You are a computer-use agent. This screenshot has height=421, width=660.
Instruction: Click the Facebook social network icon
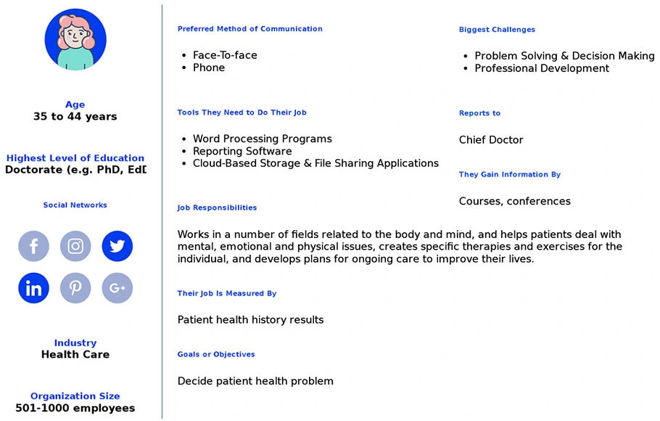33,246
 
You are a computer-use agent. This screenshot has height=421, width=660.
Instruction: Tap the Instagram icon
75,246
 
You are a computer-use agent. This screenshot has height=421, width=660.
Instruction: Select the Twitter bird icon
117,246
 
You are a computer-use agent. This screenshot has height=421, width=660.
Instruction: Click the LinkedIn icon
33,288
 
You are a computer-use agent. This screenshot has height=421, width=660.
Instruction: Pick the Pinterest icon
75,288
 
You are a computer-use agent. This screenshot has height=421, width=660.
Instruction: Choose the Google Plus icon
117,288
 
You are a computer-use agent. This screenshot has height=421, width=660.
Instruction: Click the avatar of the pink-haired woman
75,40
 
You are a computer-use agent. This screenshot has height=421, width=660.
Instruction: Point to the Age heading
75,105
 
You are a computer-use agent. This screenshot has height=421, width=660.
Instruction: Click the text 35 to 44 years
75,116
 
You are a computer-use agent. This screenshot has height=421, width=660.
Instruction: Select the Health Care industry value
75,354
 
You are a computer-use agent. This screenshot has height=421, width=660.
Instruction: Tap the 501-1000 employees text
75,408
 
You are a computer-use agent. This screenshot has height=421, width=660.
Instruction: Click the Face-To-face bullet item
225,55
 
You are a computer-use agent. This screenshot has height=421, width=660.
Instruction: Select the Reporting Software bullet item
242,151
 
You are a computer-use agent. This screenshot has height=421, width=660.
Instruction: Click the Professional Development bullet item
542,68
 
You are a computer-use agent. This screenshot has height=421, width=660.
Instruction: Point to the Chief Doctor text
491,140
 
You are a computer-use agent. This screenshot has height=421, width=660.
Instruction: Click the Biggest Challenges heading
497,30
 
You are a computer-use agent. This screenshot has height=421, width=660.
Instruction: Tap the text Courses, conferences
514,201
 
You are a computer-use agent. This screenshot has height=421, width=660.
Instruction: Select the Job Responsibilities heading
217,208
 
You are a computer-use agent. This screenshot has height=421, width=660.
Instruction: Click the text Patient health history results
250,320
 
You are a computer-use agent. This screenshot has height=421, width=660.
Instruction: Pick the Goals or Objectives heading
216,354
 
